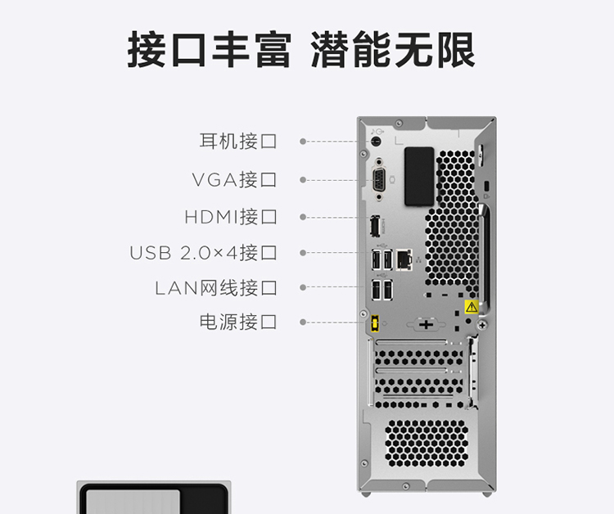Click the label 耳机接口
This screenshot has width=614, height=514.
pos(238,141)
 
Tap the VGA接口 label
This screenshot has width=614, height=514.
pos(234,180)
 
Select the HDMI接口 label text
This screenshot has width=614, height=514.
pos(231,217)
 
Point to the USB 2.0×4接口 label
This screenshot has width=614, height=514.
pos(203,252)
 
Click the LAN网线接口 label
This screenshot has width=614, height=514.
pos(216,288)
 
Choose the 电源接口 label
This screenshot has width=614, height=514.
pos(238,322)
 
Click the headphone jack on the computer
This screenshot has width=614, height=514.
pos(375,142)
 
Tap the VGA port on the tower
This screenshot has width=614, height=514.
pos(379,180)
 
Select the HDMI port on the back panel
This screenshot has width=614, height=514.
pos(375,226)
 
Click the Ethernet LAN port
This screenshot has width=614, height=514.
pos(404,259)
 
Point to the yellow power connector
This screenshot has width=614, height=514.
pos(375,323)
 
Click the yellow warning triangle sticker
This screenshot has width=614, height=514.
pos(472,307)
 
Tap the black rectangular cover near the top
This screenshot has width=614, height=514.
pos(419,177)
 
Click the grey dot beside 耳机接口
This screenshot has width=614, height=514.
pos(303,142)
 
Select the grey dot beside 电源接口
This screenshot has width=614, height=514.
pos(303,322)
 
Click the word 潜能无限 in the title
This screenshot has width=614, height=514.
pos(393,50)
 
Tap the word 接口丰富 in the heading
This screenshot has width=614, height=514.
pos(210,50)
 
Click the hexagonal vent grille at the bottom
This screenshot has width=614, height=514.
pos(427,444)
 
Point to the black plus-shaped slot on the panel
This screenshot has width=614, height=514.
pos(426,325)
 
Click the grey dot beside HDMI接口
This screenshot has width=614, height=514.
pos(303,217)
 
